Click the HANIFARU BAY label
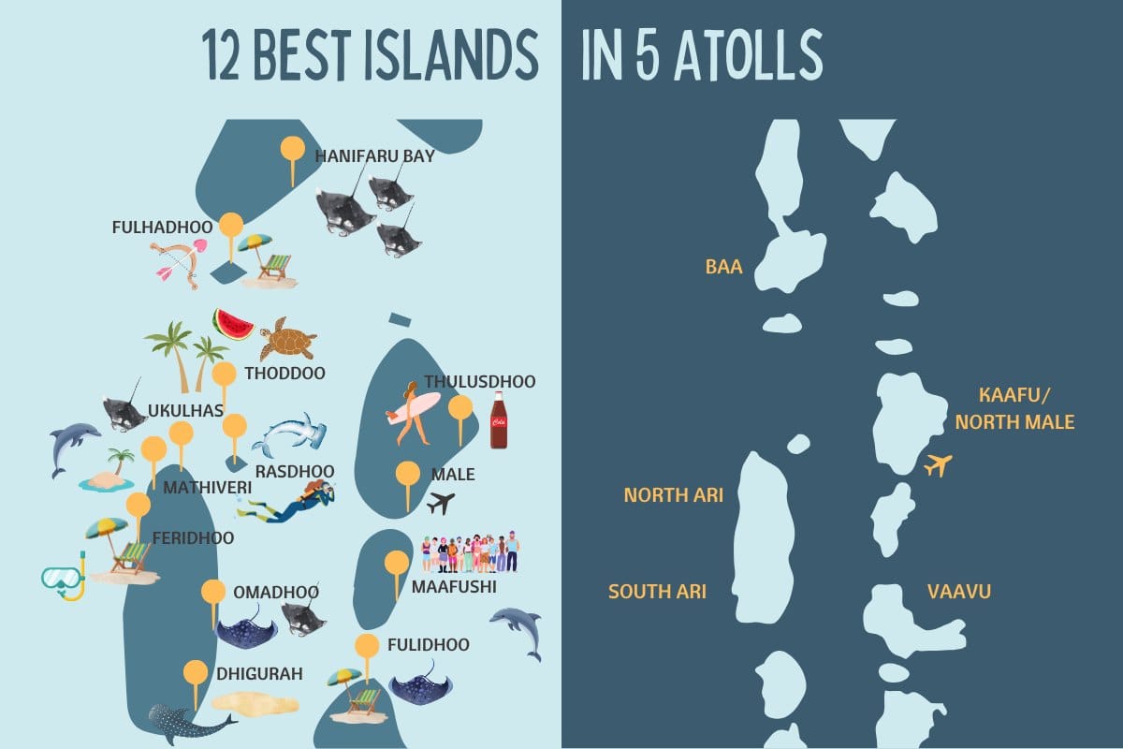374,156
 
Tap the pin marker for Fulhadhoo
231,228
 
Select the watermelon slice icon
233,325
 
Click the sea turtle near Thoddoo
286,340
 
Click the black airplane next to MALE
440,504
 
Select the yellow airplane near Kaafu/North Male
937,463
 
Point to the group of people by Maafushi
469,553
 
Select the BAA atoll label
723,268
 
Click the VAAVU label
958,592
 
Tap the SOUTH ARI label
657,592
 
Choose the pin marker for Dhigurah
196,675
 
